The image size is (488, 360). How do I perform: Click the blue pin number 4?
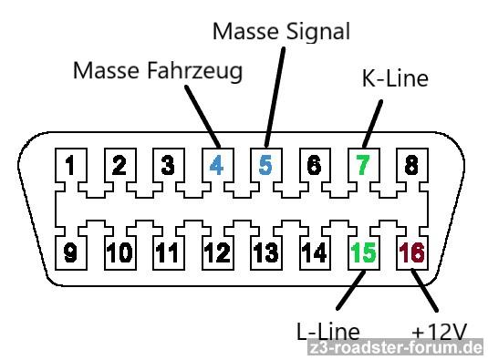[x=216, y=165]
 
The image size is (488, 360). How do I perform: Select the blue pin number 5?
[x=265, y=165]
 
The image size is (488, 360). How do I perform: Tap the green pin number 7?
[x=362, y=165]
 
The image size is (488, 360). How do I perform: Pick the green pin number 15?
[x=363, y=252]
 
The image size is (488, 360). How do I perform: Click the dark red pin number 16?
[x=411, y=252]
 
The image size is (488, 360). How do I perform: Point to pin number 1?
[x=70, y=165]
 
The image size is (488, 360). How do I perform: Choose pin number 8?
[x=411, y=165]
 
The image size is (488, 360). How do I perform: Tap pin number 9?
[x=70, y=252]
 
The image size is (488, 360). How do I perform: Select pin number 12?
[x=217, y=252]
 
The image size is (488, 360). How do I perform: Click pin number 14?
[x=315, y=252]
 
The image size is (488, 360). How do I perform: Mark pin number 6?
[x=314, y=165]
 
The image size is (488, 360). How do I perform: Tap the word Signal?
[x=318, y=32]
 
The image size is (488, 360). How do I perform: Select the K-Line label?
[x=396, y=78]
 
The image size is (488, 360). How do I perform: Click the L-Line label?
[x=328, y=331]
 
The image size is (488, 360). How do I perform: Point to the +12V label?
[x=440, y=332]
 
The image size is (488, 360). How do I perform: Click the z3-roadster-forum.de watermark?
[x=396, y=347]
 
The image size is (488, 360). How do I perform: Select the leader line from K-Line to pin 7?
[x=372, y=124]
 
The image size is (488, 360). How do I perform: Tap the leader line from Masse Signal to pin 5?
[x=275, y=97]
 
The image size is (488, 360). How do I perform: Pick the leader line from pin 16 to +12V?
[x=424, y=290]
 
